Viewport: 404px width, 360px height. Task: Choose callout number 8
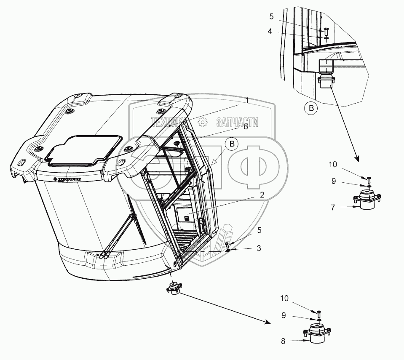(x=283, y=341)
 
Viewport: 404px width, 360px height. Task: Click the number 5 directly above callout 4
(x=272, y=17)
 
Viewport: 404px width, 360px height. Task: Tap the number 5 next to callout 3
(x=259, y=230)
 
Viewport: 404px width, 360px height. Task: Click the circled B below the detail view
(x=311, y=108)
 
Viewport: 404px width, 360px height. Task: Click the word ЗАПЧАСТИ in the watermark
(x=237, y=122)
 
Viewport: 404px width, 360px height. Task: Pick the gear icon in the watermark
(x=203, y=123)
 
